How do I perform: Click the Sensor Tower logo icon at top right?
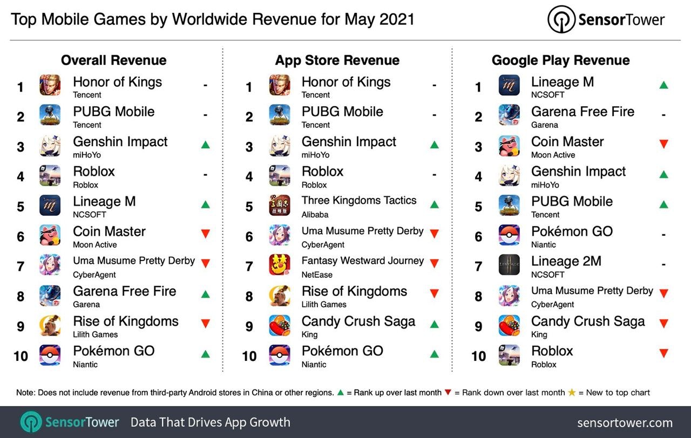561,20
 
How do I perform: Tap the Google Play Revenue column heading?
560,60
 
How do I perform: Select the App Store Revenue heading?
337,60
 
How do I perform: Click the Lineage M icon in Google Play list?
509,85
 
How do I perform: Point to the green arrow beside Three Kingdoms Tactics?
434,204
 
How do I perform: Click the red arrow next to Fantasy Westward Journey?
434,264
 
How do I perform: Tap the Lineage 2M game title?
566,261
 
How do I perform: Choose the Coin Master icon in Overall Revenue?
50,235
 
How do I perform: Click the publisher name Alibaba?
315,215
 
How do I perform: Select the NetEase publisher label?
317,275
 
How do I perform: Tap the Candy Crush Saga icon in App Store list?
280,325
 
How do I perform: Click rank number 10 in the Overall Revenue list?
21,356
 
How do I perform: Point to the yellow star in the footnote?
572,393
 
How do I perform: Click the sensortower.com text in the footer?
625,422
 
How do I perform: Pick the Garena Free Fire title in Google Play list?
582,112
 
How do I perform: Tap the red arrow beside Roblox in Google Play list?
663,354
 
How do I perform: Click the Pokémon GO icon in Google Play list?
509,235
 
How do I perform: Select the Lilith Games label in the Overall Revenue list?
96,334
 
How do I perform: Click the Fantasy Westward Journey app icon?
280,265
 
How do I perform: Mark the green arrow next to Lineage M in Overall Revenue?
205,204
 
